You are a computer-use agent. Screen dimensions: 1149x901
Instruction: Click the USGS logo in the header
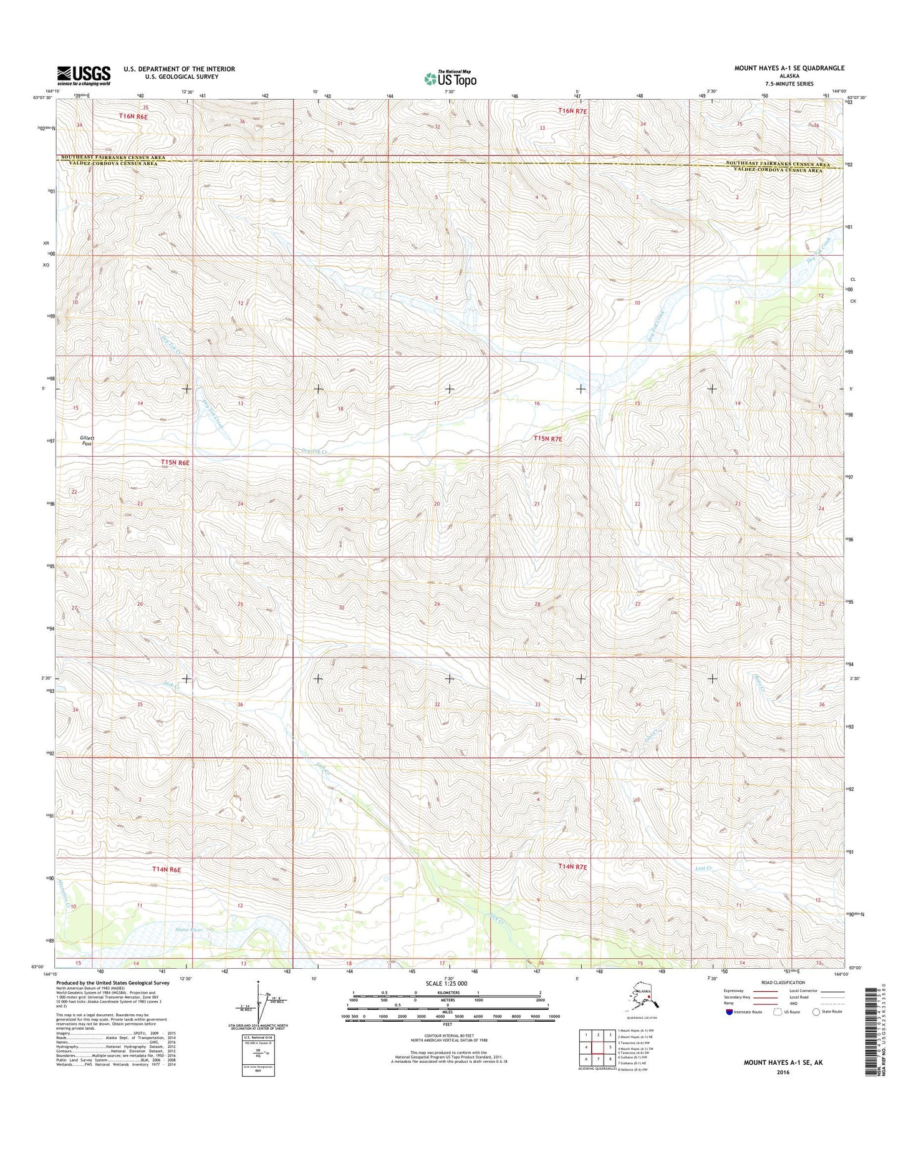[x=84, y=75]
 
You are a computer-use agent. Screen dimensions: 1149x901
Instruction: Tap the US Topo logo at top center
[x=450, y=79]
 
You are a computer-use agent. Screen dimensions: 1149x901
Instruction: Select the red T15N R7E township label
[x=547, y=439]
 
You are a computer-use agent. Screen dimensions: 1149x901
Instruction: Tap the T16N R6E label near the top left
[x=133, y=117]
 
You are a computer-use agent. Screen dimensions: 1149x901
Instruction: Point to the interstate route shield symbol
[x=730, y=1029]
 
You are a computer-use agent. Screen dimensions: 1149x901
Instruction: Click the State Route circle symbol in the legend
[x=816, y=1029]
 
